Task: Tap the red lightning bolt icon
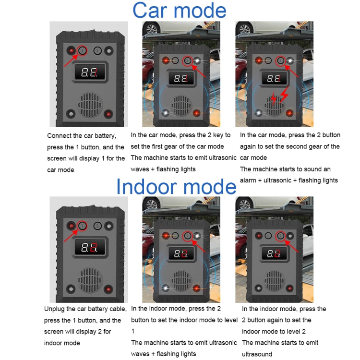[x=276, y=99]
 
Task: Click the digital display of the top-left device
[x=89, y=73]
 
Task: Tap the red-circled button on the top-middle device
[x=187, y=61]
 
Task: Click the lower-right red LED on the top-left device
[x=109, y=114]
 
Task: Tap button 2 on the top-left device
[x=97, y=50]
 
